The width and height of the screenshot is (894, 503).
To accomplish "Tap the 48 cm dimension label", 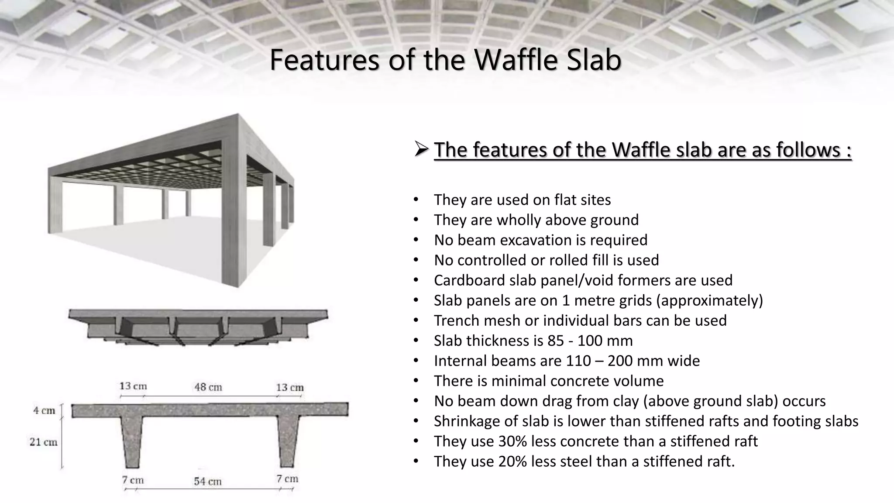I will (x=208, y=387).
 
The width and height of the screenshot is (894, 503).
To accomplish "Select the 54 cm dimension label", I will (x=208, y=482).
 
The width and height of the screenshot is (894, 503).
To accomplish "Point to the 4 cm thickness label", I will (x=44, y=410).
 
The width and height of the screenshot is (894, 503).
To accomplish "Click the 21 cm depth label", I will (x=43, y=442).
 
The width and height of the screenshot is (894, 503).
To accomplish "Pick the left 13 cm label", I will (x=133, y=386).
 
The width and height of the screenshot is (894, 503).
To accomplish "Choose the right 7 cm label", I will (x=287, y=479).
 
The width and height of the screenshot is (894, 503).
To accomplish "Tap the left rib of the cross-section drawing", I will (x=132, y=441).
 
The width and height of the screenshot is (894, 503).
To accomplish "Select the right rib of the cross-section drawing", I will (x=288, y=441).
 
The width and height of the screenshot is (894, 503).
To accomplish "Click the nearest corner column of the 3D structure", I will (x=231, y=210).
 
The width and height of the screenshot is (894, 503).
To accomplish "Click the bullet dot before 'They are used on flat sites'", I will (x=416, y=200).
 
